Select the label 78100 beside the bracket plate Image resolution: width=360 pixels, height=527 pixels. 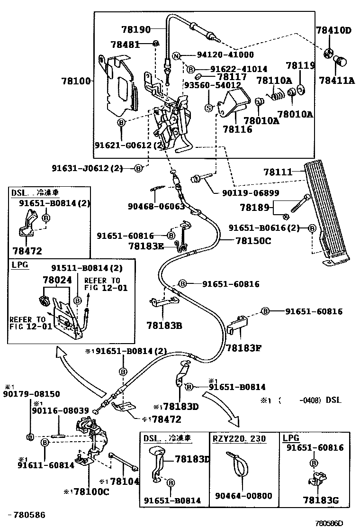click(75, 82)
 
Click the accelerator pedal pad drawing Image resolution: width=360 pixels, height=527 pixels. click(327, 209)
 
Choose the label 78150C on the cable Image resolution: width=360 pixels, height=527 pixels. click(253, 241)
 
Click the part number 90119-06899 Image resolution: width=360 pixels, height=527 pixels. click(250, 193)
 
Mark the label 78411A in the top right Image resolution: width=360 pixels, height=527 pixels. click(337, 81)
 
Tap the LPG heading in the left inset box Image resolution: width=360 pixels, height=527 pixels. click(19, 264)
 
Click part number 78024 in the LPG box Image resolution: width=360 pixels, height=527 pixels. click(57, 281)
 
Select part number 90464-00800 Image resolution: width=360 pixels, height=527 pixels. click(243, 496)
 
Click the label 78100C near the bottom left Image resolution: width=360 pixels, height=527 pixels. click(90, 492)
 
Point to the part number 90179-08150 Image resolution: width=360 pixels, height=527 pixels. click(25, 394)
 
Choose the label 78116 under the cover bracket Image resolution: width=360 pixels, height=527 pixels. click(237, 129)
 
